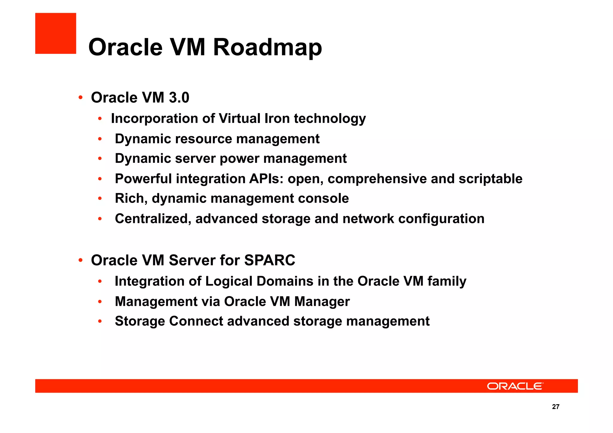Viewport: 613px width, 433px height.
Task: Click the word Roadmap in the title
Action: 267,47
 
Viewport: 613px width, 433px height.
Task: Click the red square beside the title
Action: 56,33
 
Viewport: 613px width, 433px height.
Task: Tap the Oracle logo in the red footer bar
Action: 515,386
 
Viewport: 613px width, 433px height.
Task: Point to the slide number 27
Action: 556,407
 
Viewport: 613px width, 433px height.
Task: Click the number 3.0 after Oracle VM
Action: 179,98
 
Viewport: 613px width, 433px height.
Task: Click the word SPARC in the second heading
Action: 269,260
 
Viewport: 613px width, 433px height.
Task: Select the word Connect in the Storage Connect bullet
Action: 196,321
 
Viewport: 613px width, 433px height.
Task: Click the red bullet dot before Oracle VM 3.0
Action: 80,98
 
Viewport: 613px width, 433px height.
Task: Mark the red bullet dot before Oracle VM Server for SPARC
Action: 80,260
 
